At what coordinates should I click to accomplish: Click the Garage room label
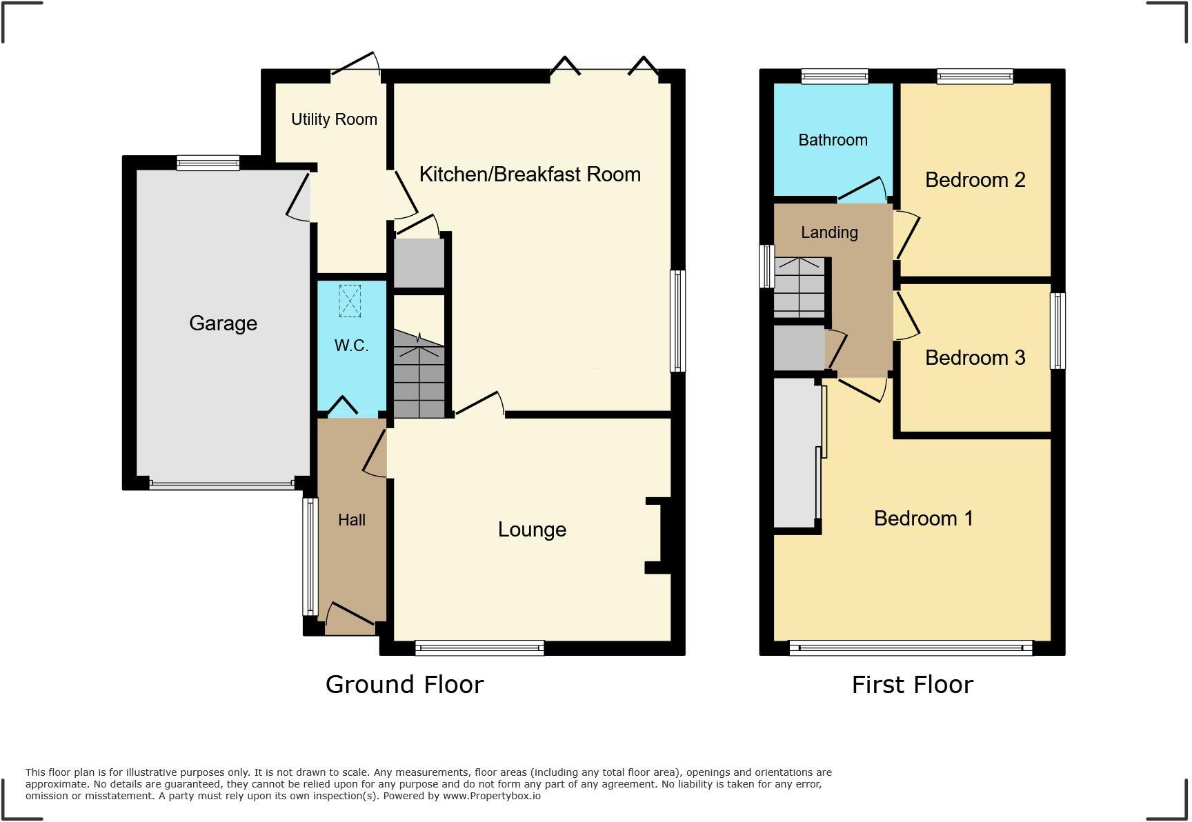pyautogui.click(x=223, y=323)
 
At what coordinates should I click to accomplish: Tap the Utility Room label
pyautogui.click(x=334, y=119)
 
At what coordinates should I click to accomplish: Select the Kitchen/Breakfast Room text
pyautogui.click(x=530, y=174)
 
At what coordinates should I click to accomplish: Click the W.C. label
pyautogui.click(x=351, y=345)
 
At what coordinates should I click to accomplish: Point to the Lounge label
pyautogui.click(x=532, y=530)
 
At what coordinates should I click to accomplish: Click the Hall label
pyautogui.click(x=352, y=520)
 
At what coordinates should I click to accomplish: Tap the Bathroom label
pyautogui.click(x=833, y=140)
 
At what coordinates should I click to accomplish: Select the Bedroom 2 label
pyautogui.click(x=975, y=180)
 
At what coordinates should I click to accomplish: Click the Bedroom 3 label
pyautogui.click(x=975, y=358)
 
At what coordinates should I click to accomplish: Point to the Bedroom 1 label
pyautogui.click(x=923, y=519)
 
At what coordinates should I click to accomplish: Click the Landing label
pyautogui.click(x=829, y=232)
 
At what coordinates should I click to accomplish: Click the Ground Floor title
pyautogui.click(x=404, y=685)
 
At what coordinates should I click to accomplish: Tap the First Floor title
pyautogui.click(x=912, y=685)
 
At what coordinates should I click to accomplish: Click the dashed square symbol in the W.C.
pyautogui.click(x=350, y=301)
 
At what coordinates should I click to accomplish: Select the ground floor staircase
pyautogui.click(x=419, y=376)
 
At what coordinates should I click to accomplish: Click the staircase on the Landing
pyautogui.click(x=799, y=288)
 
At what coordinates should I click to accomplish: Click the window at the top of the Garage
pyautogui.click(x=208, y=163)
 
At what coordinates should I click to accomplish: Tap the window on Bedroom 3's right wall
pyautogui.click(x=1057, y=331)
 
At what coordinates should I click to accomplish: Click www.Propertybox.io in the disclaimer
pyautogui.click(x=492, y=796)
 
